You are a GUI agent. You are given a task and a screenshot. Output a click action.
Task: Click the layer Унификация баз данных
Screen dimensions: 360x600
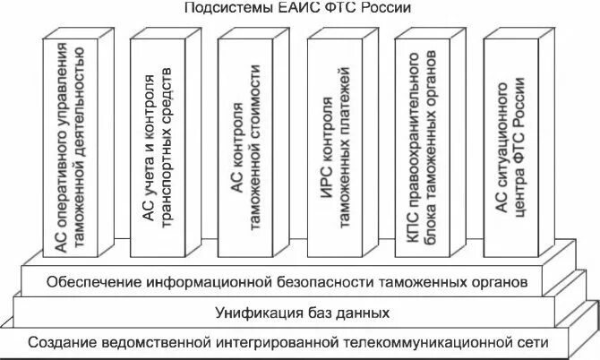click(x=302, y=313)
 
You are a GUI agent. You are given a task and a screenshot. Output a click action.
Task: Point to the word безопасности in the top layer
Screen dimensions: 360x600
click(x=321, y=284)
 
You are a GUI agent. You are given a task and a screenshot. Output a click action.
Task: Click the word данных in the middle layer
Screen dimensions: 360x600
click(x=364, y=313)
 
